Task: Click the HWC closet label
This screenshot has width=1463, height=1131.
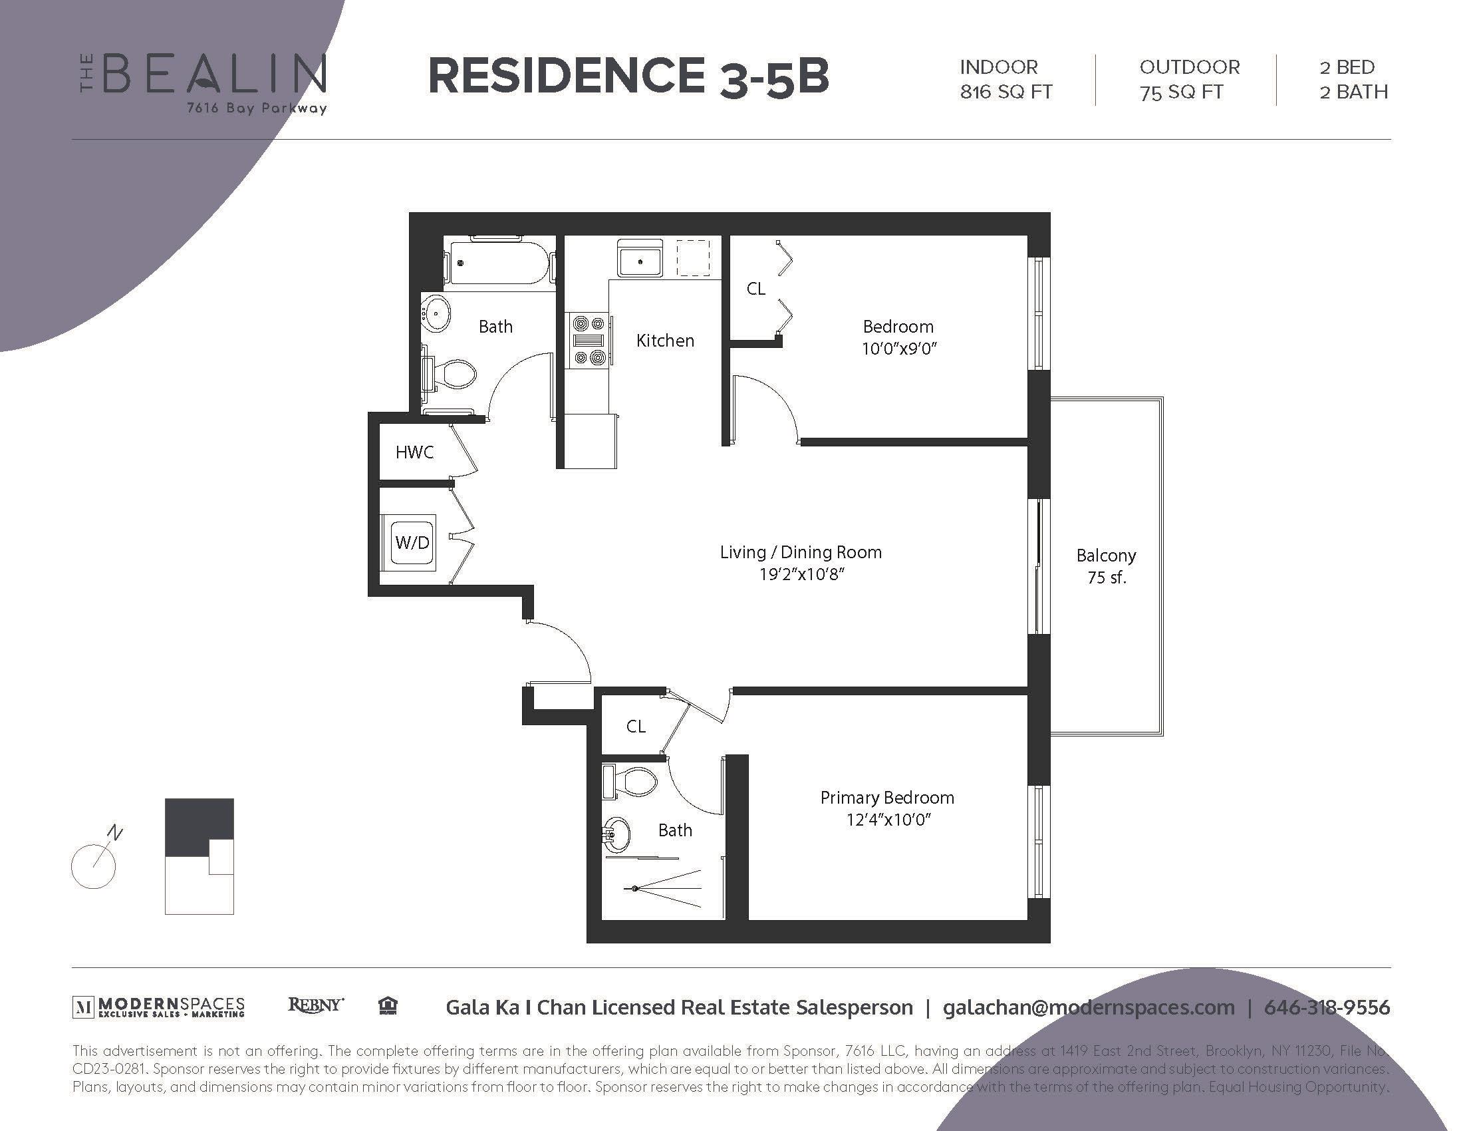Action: tap(414, 452)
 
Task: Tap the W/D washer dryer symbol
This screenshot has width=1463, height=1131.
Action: tap(412, 542)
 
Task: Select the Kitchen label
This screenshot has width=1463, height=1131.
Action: tap(664, 341)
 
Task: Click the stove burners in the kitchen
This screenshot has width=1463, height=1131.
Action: tap(589, 341)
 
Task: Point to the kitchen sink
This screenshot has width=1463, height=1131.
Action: tap(640, 261)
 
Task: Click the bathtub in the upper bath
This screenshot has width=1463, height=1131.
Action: tap(499, 263)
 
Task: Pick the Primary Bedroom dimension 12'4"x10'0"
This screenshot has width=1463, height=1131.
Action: tap(888, 820)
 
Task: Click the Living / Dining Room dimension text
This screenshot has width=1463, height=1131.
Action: tap(801, 574)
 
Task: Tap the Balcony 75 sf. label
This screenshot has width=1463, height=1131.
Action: tap(1106, 566)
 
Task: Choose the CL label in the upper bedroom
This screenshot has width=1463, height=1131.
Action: tap(755, 289)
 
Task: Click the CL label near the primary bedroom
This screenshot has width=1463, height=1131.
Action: tap(636, 727)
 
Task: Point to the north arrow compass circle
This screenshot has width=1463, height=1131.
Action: tap(94, 866)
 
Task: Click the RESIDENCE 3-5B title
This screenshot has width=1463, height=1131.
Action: tap(628, 76)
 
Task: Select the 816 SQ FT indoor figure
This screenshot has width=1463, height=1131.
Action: tap(1005, 92)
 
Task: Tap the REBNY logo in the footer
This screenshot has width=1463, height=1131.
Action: tap(315, 1005)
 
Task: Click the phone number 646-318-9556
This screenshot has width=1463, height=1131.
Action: tap(1327, 1007)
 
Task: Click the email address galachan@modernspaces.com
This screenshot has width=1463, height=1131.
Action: tap(1089, 1007)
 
